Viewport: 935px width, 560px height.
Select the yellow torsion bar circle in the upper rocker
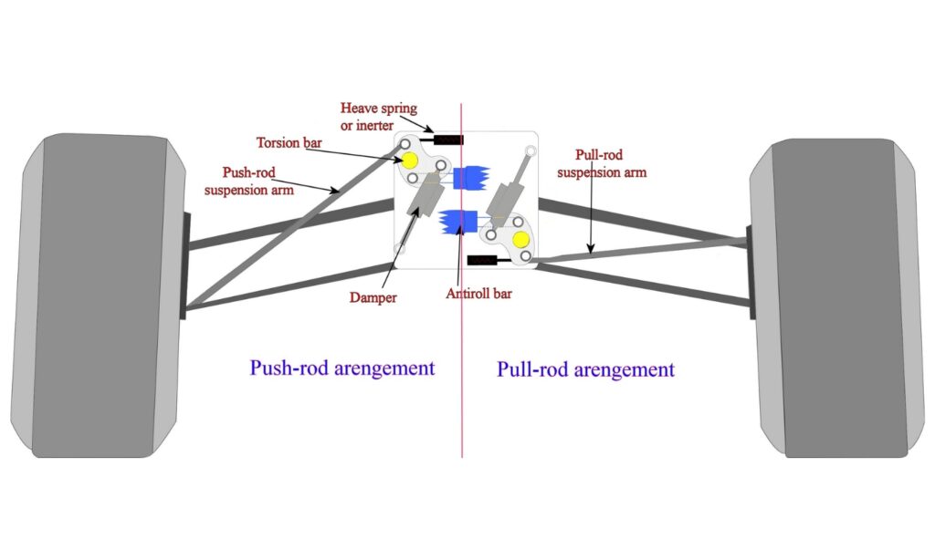pyautogui.click(x=409, y=161)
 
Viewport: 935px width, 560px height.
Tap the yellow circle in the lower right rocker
pyautogui.click(x=520, y=239)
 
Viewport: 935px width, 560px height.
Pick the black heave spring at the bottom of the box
pyautogui.click(x=481, y=260)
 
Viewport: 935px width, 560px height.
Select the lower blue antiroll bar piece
pyautogui.click(x=456, y=221)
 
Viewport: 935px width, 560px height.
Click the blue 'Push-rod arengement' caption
pyautogui.click(x=341, y=368)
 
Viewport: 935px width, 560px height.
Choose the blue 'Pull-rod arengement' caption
pyautogui.click(x=585, y=369)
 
